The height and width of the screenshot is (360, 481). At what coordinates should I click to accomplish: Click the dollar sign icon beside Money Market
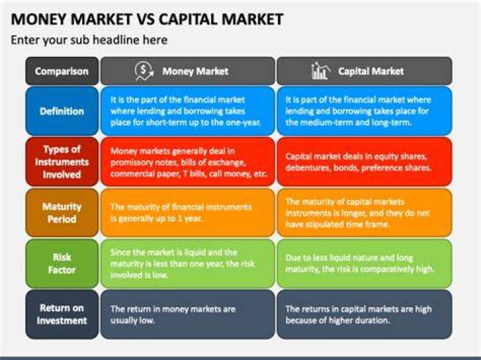click(x=144, y=71)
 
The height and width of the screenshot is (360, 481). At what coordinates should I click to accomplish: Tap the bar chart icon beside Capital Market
click(x=321, y=71)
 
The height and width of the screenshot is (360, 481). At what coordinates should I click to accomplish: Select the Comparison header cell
click(x=62, y=71)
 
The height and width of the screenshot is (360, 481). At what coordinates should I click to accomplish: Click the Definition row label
click(x=62, y=111)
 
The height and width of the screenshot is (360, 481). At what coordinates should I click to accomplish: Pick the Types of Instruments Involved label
click(x=62, y=162)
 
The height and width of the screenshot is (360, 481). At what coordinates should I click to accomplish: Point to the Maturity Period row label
click(x=62, y=212)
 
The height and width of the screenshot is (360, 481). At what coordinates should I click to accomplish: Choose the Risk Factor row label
click(x=62, y=263)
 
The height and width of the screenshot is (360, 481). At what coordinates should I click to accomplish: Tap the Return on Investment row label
click(x=62, y=315)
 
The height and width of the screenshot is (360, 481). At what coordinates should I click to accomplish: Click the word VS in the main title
click(x=145, y=19)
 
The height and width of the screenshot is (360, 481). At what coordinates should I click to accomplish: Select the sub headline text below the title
click(x=90, y=40)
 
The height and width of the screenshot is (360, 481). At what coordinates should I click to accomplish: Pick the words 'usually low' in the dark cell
click(x=132, y=321)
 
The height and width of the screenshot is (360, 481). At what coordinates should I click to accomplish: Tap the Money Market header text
click(x=195, y=71)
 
